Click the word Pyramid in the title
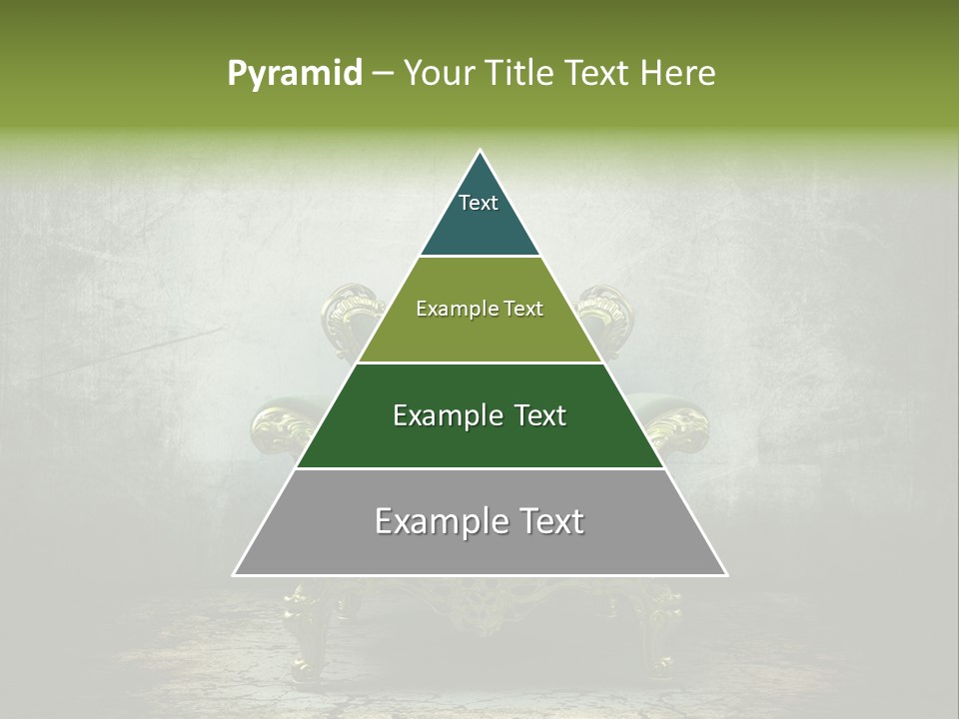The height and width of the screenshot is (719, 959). [x=294, y=74]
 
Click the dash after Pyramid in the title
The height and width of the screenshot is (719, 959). [x=383, y=74]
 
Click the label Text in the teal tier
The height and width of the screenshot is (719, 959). [x=479, y=203]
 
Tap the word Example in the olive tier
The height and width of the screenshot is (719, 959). [x=449, y=309]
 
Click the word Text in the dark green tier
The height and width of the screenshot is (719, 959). [x=532, y=415]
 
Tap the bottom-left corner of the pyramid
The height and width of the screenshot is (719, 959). [x=235, y=574]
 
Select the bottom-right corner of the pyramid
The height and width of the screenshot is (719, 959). [x=725, y=574]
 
